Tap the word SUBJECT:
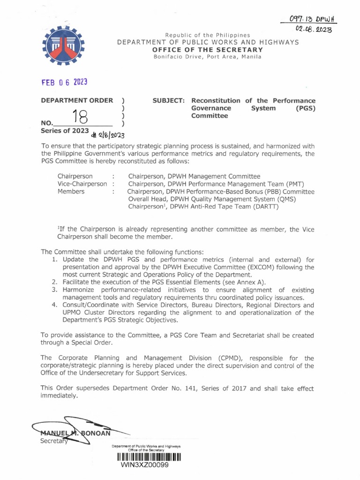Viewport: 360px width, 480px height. click(169, 101)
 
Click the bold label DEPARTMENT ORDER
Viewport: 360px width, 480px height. click(77, 100)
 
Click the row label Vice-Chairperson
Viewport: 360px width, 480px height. click(83, 184)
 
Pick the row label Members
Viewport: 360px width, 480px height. click(71, 191)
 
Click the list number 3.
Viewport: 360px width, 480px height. click(54, 290)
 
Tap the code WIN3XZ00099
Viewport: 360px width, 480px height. click(144, 465)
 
